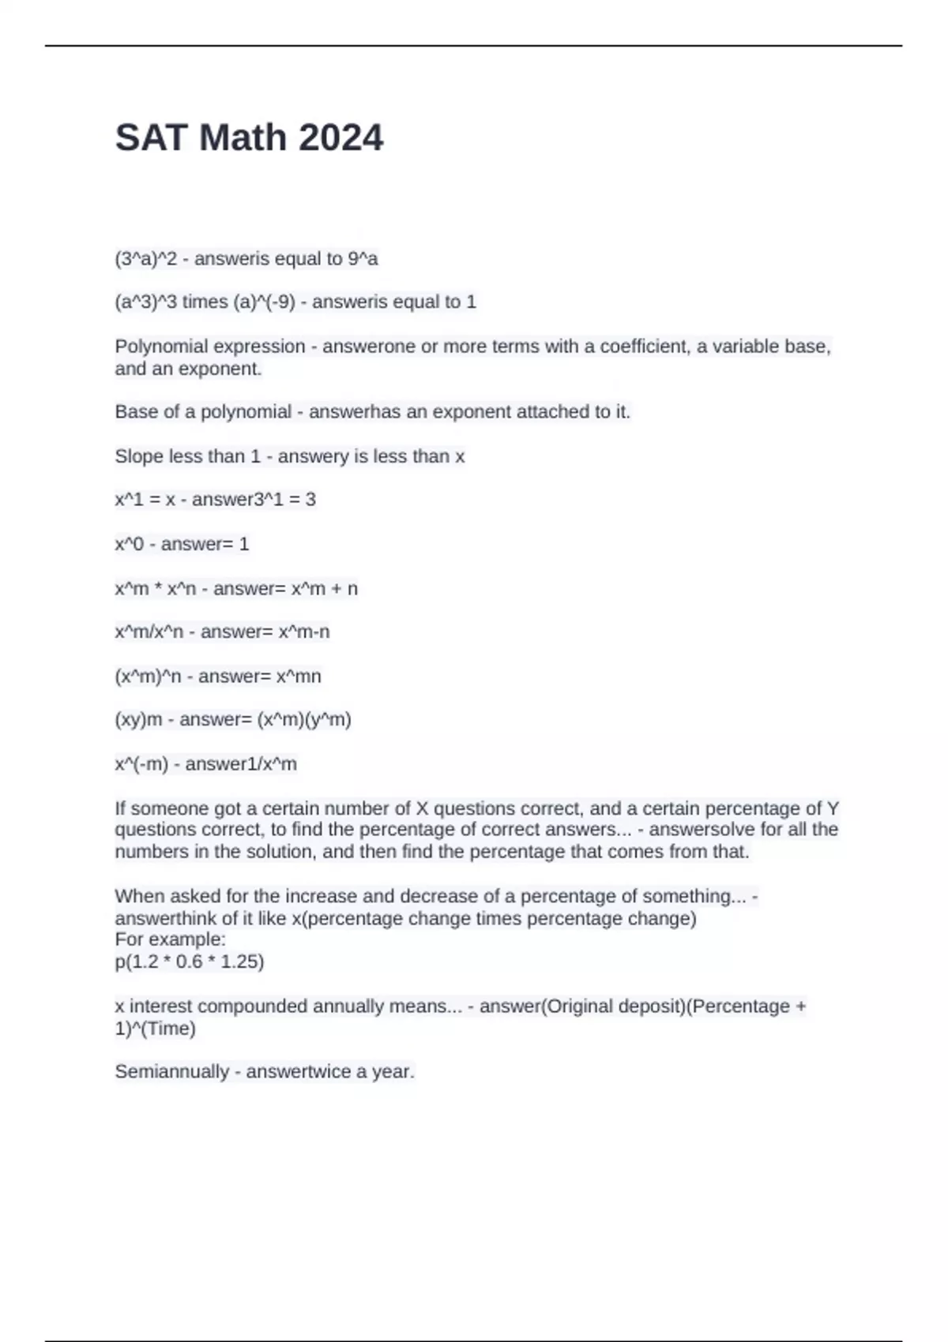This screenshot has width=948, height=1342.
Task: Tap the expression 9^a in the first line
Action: (363, 259)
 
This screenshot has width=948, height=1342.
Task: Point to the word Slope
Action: (139, 456)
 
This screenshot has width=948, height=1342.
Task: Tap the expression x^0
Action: (129, 544)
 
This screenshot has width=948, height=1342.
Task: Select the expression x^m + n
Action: (324, 589)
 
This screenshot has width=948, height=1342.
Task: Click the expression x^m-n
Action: (303, 632)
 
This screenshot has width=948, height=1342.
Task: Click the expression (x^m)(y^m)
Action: (304, 720)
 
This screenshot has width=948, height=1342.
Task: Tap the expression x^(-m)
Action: (141, 764)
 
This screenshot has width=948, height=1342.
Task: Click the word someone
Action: (168, 808)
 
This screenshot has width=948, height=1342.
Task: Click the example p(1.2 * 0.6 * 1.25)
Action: (190, 962)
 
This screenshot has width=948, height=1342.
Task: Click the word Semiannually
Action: (171, 1072)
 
